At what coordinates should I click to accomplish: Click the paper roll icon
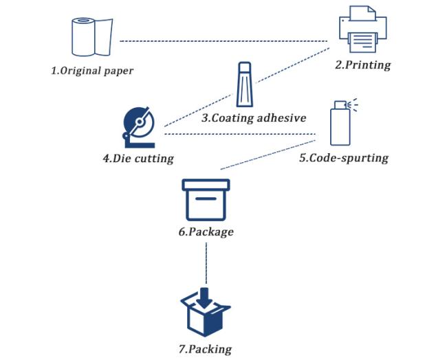(91, 37)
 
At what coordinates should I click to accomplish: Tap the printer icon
(362, 30)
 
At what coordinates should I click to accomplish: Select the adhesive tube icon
(245, 85)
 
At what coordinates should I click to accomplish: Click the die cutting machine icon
(139, 128)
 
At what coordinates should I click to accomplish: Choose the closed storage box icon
(206, 200)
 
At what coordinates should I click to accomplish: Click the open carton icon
(206, 312)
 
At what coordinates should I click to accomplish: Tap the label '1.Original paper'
(92, 71)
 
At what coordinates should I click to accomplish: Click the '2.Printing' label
(362, 65)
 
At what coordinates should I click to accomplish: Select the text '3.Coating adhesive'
(254, 117)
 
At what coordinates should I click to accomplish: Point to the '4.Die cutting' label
(138, 159)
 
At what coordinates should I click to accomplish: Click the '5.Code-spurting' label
(344, 158)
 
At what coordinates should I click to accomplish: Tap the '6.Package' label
(206, 232)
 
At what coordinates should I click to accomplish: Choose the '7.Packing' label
(205, 349)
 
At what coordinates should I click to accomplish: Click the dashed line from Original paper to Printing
(223, 41)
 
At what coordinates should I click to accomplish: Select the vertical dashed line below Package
(206, 263)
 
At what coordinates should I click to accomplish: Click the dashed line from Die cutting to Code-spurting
(240, 134)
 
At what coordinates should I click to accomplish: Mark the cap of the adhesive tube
(245, 67)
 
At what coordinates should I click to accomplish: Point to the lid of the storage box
(206, 185)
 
